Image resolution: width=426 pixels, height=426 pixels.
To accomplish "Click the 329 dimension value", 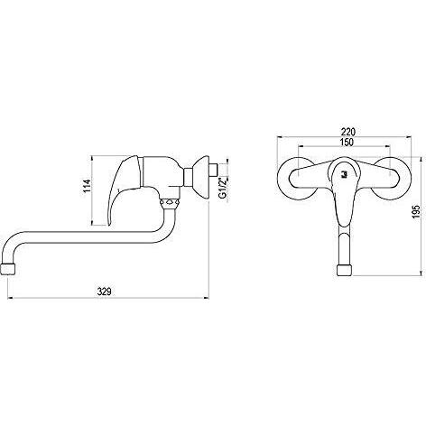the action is (x=104, y=292).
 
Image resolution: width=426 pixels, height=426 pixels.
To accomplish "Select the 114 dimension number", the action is (x=87, y=186).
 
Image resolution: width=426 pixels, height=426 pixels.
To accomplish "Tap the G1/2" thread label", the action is (x=223, y=189).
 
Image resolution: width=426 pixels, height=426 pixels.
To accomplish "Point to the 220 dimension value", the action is (x=348, y=132).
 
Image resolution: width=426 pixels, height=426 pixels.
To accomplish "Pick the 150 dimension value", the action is (x=347, y=142).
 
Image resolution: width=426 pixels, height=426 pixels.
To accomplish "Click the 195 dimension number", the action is (x=416, y=211).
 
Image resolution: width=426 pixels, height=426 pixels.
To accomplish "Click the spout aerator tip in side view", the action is (x=8, y=269).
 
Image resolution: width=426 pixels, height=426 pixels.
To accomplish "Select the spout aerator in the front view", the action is (x=344, y=270).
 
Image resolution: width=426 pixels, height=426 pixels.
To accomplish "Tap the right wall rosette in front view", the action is (x=390, y=178).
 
